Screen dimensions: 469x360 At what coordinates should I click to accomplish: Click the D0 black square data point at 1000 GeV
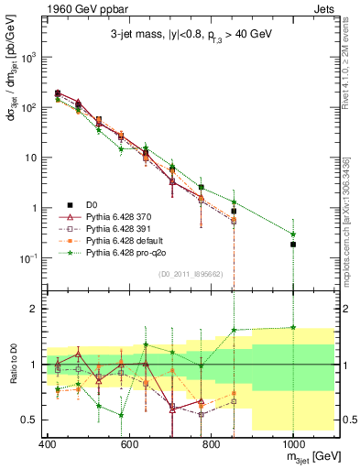pyautogui.click(x=293, y=245)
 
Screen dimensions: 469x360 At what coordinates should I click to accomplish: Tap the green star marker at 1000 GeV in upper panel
pyautogui.click(x=293, y=234)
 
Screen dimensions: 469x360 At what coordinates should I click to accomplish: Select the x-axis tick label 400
pyautogui.click(x=48, y=442)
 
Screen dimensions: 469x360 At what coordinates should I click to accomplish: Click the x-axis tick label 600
pyautogui.click(x=129, y=442)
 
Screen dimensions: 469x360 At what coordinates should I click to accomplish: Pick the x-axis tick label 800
pyautogui.click(x=211, y=442)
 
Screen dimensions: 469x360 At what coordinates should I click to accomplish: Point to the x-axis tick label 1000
pyautogui.click(x=292, y=442)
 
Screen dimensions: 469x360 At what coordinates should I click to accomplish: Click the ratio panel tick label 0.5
pyautogui.click(x=30, y=420)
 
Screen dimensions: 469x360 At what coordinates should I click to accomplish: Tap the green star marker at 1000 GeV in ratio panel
pyautogui.click(x=293, y=327)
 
